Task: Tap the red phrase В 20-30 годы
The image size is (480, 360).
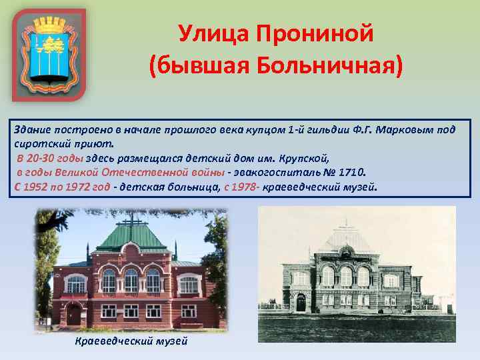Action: pyautogui.click(x=51, y=158)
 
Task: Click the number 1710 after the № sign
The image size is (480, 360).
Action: pyautogui.click(x=351, y=172)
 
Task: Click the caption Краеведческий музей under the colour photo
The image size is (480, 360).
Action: pyautogui.click(x=131, y=341)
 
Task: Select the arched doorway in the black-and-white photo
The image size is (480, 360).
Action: pyautogui.click(x=301, y=303)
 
